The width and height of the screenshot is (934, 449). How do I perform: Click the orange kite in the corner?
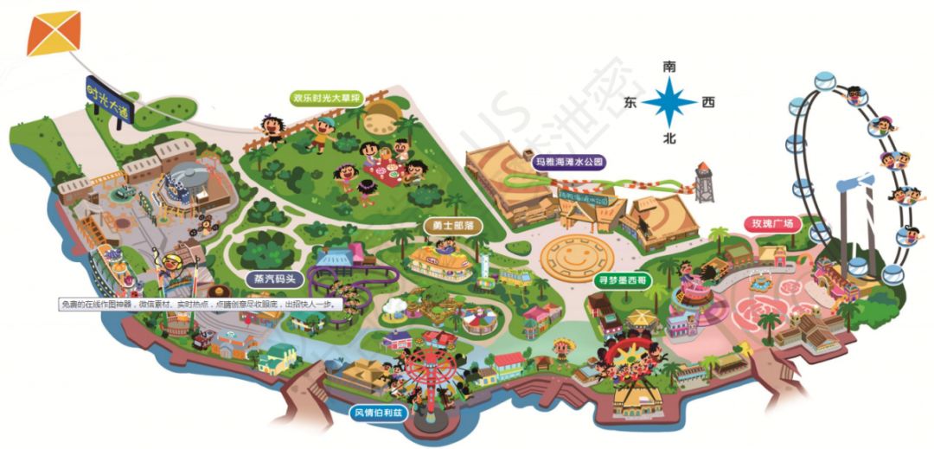click(53, 33)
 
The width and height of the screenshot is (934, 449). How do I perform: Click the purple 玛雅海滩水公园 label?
click(567, 162)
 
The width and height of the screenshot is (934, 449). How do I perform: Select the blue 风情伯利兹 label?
click(377, 411)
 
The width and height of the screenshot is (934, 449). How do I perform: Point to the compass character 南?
click(669, 67)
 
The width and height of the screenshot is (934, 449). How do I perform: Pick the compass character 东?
click(631, 103)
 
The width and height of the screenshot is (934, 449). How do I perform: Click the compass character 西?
click(708, 103)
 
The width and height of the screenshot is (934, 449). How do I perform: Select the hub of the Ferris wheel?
click(846, 180)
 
